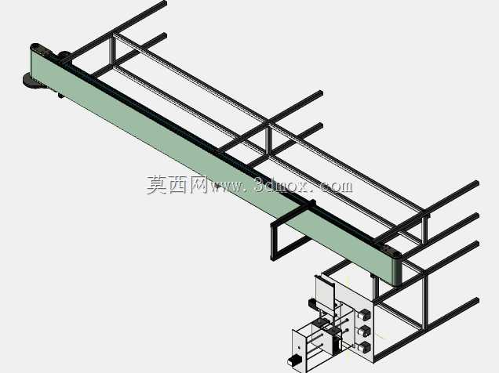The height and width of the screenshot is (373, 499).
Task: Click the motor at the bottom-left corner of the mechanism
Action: click(293, 360)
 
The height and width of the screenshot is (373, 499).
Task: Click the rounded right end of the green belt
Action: click(396, 270)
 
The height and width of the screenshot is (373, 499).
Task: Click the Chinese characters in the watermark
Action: click(177, 185)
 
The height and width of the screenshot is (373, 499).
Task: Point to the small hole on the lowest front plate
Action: click(300, 347)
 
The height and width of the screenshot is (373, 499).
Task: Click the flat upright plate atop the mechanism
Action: click(325, 292)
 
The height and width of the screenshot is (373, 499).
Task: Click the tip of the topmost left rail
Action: click(166, 3)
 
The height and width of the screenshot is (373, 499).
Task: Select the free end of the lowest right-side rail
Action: click(477, 300)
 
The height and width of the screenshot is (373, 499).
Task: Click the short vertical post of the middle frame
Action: click(270, 141)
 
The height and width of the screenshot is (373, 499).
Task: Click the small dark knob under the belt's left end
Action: click(60, 95)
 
